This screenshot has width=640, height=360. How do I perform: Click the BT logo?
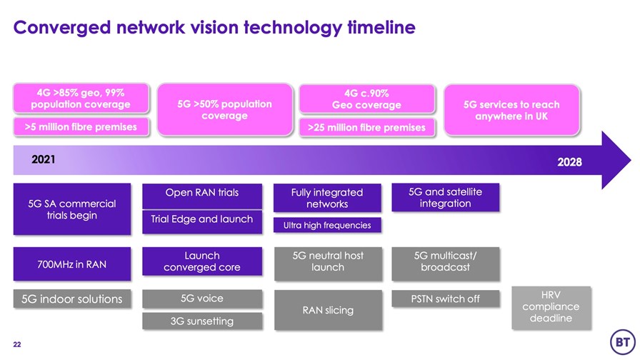(622, 342)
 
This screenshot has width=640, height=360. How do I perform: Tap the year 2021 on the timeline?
(44, 159)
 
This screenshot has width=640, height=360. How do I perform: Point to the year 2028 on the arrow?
(569, 162)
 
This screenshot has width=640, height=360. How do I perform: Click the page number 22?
(16, 344)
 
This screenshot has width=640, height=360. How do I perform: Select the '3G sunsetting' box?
(202, 321)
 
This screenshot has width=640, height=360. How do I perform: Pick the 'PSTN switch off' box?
(445, 299)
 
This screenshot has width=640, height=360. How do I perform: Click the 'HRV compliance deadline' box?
(551, 307)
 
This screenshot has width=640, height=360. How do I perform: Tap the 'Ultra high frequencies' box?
(327, 225)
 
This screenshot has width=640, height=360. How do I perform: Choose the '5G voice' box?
(202, 299)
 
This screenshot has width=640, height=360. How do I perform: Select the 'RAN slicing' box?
(328, 310)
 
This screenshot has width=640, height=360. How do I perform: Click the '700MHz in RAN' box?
(72, 264)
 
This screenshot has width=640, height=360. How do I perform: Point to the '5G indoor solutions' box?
(72, 299)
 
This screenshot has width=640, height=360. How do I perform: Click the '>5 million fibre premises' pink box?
(81, 127)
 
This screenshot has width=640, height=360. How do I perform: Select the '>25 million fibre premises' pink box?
(366, 128)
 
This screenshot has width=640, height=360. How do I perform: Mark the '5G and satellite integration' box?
(445, 198)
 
